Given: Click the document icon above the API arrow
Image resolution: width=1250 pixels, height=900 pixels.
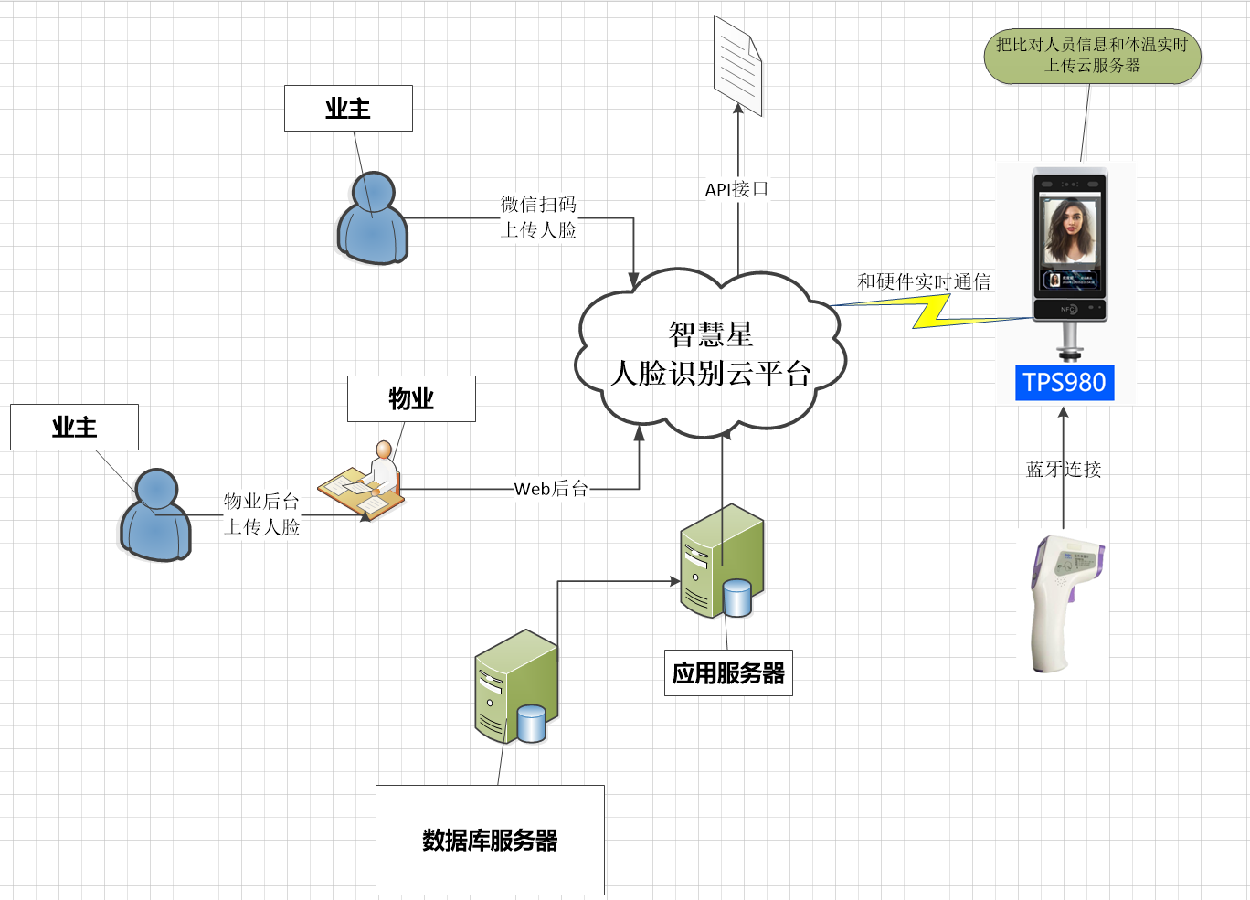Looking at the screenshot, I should click(737, 66).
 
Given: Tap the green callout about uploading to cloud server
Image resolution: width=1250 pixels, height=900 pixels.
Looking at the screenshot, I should click(1092, 56).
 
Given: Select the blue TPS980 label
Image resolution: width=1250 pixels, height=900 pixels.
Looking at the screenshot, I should click(1065, 382).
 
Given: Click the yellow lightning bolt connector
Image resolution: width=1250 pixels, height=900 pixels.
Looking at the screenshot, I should click(932, 312).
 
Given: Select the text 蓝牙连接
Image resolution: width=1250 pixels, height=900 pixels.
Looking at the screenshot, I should click(1064, 470).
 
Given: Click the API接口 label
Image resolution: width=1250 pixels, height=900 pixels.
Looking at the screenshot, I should click(736, 189).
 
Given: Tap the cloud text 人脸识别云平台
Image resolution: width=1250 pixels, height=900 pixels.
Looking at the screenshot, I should click(711, 373).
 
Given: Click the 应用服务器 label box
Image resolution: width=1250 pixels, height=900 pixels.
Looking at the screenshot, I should click(728, 673).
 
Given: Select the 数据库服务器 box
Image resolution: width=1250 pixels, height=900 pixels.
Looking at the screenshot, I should click(490, 840).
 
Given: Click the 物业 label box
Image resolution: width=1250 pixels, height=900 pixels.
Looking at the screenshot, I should click(411, 398).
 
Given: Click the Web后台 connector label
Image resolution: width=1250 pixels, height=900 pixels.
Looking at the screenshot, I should click(551, 489).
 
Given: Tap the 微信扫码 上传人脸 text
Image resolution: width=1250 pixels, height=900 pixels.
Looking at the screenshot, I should click(538, 217).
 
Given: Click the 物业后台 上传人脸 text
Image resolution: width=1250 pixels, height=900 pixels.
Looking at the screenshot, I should click(262, 514).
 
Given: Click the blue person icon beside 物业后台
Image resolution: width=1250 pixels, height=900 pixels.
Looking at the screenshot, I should click(155, 516).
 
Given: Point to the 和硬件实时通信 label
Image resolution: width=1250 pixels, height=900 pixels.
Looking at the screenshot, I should click(924, 281).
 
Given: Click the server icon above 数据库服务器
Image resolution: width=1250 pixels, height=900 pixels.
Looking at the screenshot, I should click(515, 686).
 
